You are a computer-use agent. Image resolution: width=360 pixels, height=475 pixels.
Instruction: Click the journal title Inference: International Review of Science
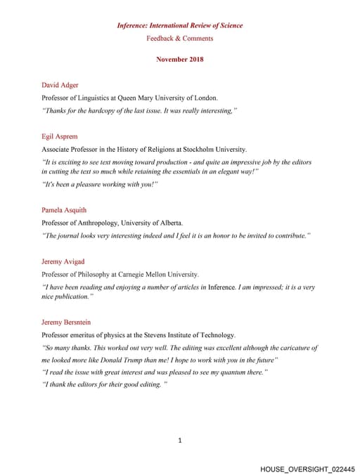pos(180,26)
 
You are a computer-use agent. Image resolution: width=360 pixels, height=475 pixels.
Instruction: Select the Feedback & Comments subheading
pos(180,38)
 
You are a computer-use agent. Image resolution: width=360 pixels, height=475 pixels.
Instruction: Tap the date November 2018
pos(180,60)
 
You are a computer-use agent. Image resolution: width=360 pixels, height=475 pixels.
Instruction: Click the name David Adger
pos(60,85)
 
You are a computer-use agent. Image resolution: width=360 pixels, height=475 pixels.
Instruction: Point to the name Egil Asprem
pos(60,137)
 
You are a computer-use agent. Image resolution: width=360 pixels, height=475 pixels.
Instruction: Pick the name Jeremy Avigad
pos(63,261)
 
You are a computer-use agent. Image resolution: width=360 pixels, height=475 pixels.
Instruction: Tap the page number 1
pos(180,441)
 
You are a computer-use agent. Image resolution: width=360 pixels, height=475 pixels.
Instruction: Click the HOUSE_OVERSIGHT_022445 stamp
pos(307,468)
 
